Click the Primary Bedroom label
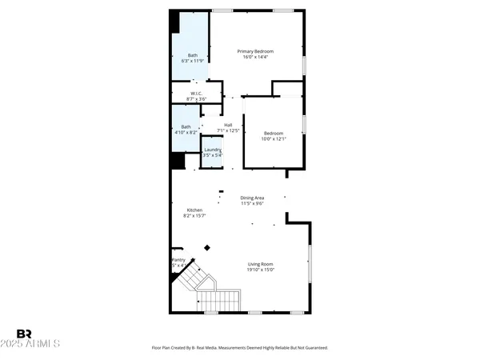point(255,51)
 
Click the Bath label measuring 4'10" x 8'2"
point(186,126)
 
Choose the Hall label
point(228,124)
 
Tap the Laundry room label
point(212,150)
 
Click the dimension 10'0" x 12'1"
point(273,139)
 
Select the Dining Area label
point(253,198)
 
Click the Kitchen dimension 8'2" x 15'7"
point(194,216)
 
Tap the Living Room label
point(261,264)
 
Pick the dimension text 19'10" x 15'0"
point(261,270)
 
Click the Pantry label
point(178,260)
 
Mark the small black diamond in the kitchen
point(207,248)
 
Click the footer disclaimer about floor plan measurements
point(240,348)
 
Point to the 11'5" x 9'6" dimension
point(253,204)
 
